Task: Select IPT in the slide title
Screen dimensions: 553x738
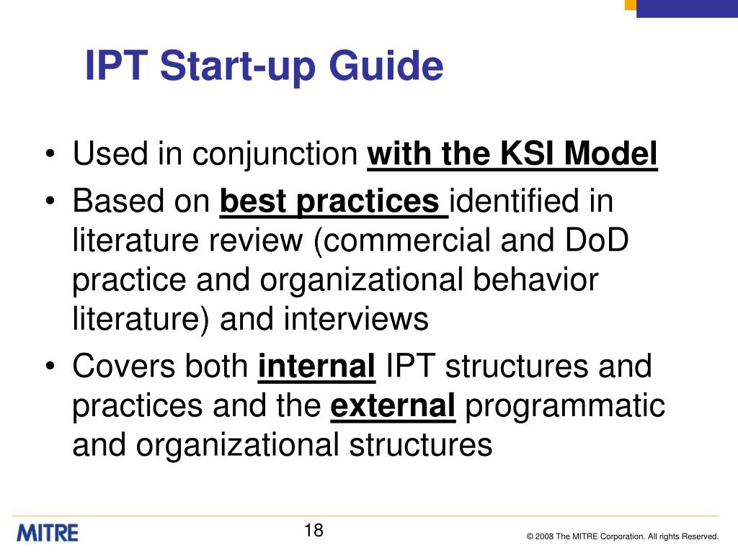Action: [x=116, y=66]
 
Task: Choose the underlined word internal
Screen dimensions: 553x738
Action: [x=317, y=367]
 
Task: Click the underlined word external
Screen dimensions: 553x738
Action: [x=393, y=406]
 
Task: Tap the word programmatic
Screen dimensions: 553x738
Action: [x=565, y=407]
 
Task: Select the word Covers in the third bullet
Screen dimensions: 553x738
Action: [x=123, y=367]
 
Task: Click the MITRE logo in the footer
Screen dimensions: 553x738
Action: [x=48, y=533]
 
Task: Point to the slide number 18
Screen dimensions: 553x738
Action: [x=314, y=531]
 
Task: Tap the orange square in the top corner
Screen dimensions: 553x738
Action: [x=631, y=4]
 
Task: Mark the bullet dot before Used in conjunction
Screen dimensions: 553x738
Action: [x=51, y=156]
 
